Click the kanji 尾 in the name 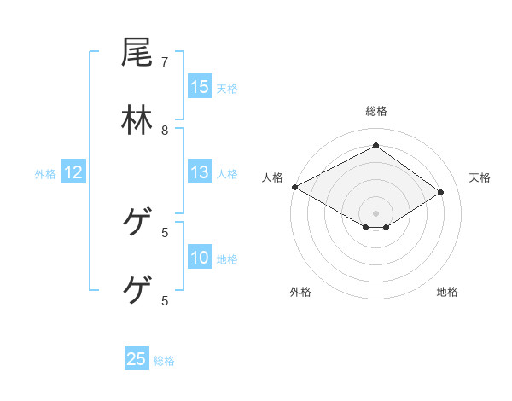point(137,53)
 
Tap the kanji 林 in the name point(137,120)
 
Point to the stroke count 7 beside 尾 point(165,62)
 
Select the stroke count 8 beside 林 point(165,131)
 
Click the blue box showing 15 point(200,87)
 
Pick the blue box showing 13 point(200,173)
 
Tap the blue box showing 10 point(200,259)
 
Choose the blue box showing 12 point(73,173)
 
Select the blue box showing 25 point(137,359)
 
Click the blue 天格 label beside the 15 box point(227,88)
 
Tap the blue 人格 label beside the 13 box point(227,174)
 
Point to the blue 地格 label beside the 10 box point(227,259)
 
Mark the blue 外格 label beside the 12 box point(45,174)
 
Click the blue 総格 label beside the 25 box point(164,361)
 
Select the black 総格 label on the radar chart point(376,111)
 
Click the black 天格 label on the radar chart point(480,177)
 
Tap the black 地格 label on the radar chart point(447,292)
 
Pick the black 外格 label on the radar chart point(300,292)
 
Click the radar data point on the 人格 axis point(294,187)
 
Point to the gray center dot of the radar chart point(376,212)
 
